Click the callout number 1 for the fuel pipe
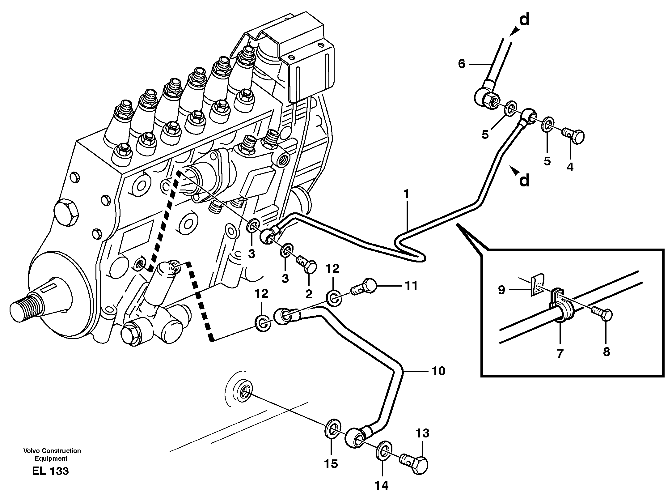click(x=407, y=194)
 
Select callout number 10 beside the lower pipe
click(x=438, y=371)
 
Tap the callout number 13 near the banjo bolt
click(x=422, y=433)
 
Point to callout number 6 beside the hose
click(x=461, y=64)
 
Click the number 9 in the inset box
click(x=501, y=290)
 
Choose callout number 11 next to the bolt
click(x=411, y=286)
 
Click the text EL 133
click(x=50, y=471)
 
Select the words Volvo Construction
click(x=52, y=451)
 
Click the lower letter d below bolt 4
click(x=524, y=180)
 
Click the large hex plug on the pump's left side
click(x=67, y=212)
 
